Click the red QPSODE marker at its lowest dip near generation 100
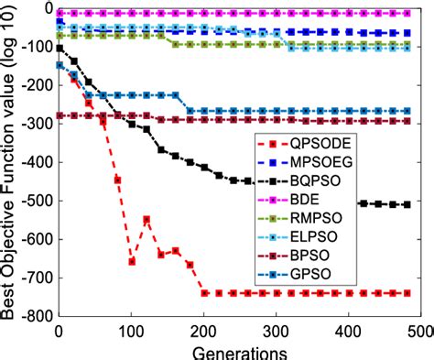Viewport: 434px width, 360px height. pos(132,261)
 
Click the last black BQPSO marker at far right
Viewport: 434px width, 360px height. pos(407,204)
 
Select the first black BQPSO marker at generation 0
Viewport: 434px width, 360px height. pos(60,48)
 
